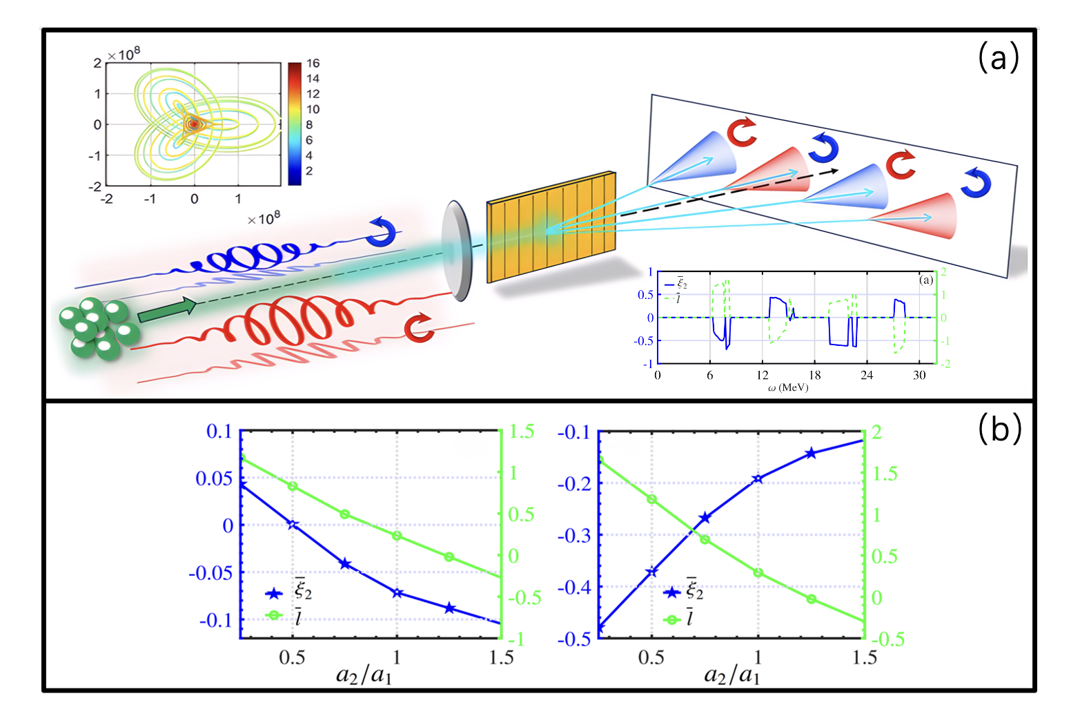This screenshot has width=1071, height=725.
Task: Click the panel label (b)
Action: point(999,429)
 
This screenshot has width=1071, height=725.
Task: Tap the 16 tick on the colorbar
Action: point(313,64)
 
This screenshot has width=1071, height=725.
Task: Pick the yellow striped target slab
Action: point(551,227)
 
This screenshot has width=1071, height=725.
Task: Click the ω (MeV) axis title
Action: point(787,388)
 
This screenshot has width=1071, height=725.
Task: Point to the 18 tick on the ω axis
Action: point(814,376)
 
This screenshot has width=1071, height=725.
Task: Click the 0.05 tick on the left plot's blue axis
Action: point(214,478)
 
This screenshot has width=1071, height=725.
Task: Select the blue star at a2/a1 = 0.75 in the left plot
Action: point(345,564)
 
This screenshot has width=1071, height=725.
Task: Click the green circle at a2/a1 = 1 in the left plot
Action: point(397,536)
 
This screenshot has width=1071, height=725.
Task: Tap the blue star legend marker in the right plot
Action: point(671,592)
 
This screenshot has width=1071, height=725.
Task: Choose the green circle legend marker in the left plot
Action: point(274,615)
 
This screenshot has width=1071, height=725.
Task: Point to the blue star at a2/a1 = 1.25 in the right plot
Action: point(811,454)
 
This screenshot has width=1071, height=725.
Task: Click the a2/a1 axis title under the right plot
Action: point(731,674)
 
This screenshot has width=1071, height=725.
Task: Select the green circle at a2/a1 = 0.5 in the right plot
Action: point(651,499)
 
